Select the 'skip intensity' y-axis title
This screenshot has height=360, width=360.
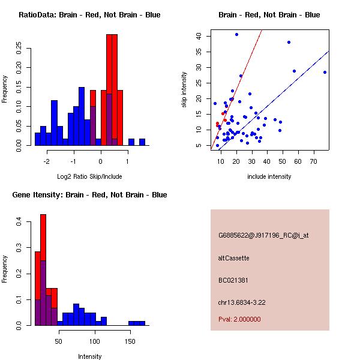(x=184, y=90)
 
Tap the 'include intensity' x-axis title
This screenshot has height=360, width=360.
(x=269, y=176)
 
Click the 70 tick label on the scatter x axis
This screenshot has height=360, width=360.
(x=314, y=161)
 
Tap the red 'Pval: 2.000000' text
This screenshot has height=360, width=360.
(x=239, y=319)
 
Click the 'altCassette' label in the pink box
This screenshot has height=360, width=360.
(x=233, y=258)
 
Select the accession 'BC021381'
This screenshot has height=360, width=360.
(x=233, y=280)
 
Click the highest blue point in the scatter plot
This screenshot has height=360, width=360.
(x=237, y=34)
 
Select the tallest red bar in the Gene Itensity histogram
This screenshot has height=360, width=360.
(x=43, y=270)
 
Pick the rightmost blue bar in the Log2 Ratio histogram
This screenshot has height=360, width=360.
(x=142, y=142)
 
